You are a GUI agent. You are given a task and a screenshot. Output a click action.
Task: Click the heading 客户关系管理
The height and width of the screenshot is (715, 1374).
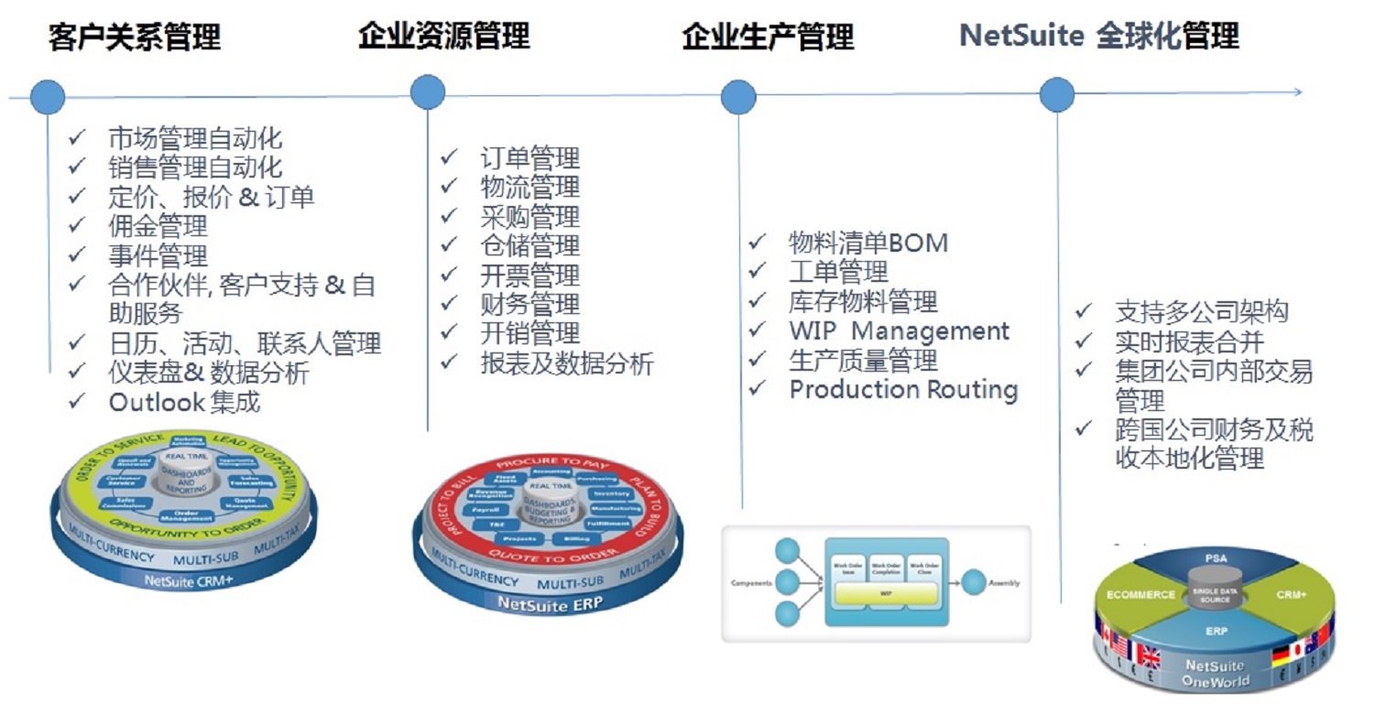click(x=135, y=38)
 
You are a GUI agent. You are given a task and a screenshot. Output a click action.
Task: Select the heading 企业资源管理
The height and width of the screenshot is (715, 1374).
click(x=444, y=36)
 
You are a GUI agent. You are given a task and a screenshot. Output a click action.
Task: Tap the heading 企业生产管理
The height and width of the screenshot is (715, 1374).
click(x=768, y=37)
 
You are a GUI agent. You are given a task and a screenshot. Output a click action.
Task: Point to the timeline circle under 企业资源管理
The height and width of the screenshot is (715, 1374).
click(x=428, y=92)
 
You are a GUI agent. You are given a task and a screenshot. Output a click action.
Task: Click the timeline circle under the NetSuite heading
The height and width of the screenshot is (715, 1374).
click(x=1057, y=94)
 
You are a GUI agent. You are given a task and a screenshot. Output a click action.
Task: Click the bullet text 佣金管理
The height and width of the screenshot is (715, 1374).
click(x=158, y=225)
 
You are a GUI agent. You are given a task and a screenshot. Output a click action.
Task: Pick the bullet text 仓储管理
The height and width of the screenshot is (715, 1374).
click(x=530, y=245)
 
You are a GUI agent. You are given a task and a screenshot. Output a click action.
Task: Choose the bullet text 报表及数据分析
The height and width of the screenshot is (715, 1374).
click(x=567, y=363)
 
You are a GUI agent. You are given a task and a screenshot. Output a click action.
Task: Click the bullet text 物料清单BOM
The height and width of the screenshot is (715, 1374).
click(x=868, y=243)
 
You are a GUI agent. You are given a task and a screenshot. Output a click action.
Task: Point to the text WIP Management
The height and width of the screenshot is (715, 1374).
click(x=899, y=330)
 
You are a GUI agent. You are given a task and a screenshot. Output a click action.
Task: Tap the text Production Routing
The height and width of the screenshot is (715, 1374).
click(x=903, y=389)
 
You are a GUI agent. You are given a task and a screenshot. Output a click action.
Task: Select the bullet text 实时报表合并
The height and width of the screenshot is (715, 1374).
click(x=1189, y=341)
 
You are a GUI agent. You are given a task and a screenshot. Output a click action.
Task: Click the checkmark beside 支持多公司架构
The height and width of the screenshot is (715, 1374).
click(x=1084, y=311)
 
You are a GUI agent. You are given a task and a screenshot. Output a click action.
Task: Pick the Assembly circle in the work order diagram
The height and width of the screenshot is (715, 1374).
click(x=975, y=581)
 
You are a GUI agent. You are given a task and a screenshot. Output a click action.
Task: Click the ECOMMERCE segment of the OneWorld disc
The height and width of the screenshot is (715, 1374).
click(x=1140, y=594)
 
